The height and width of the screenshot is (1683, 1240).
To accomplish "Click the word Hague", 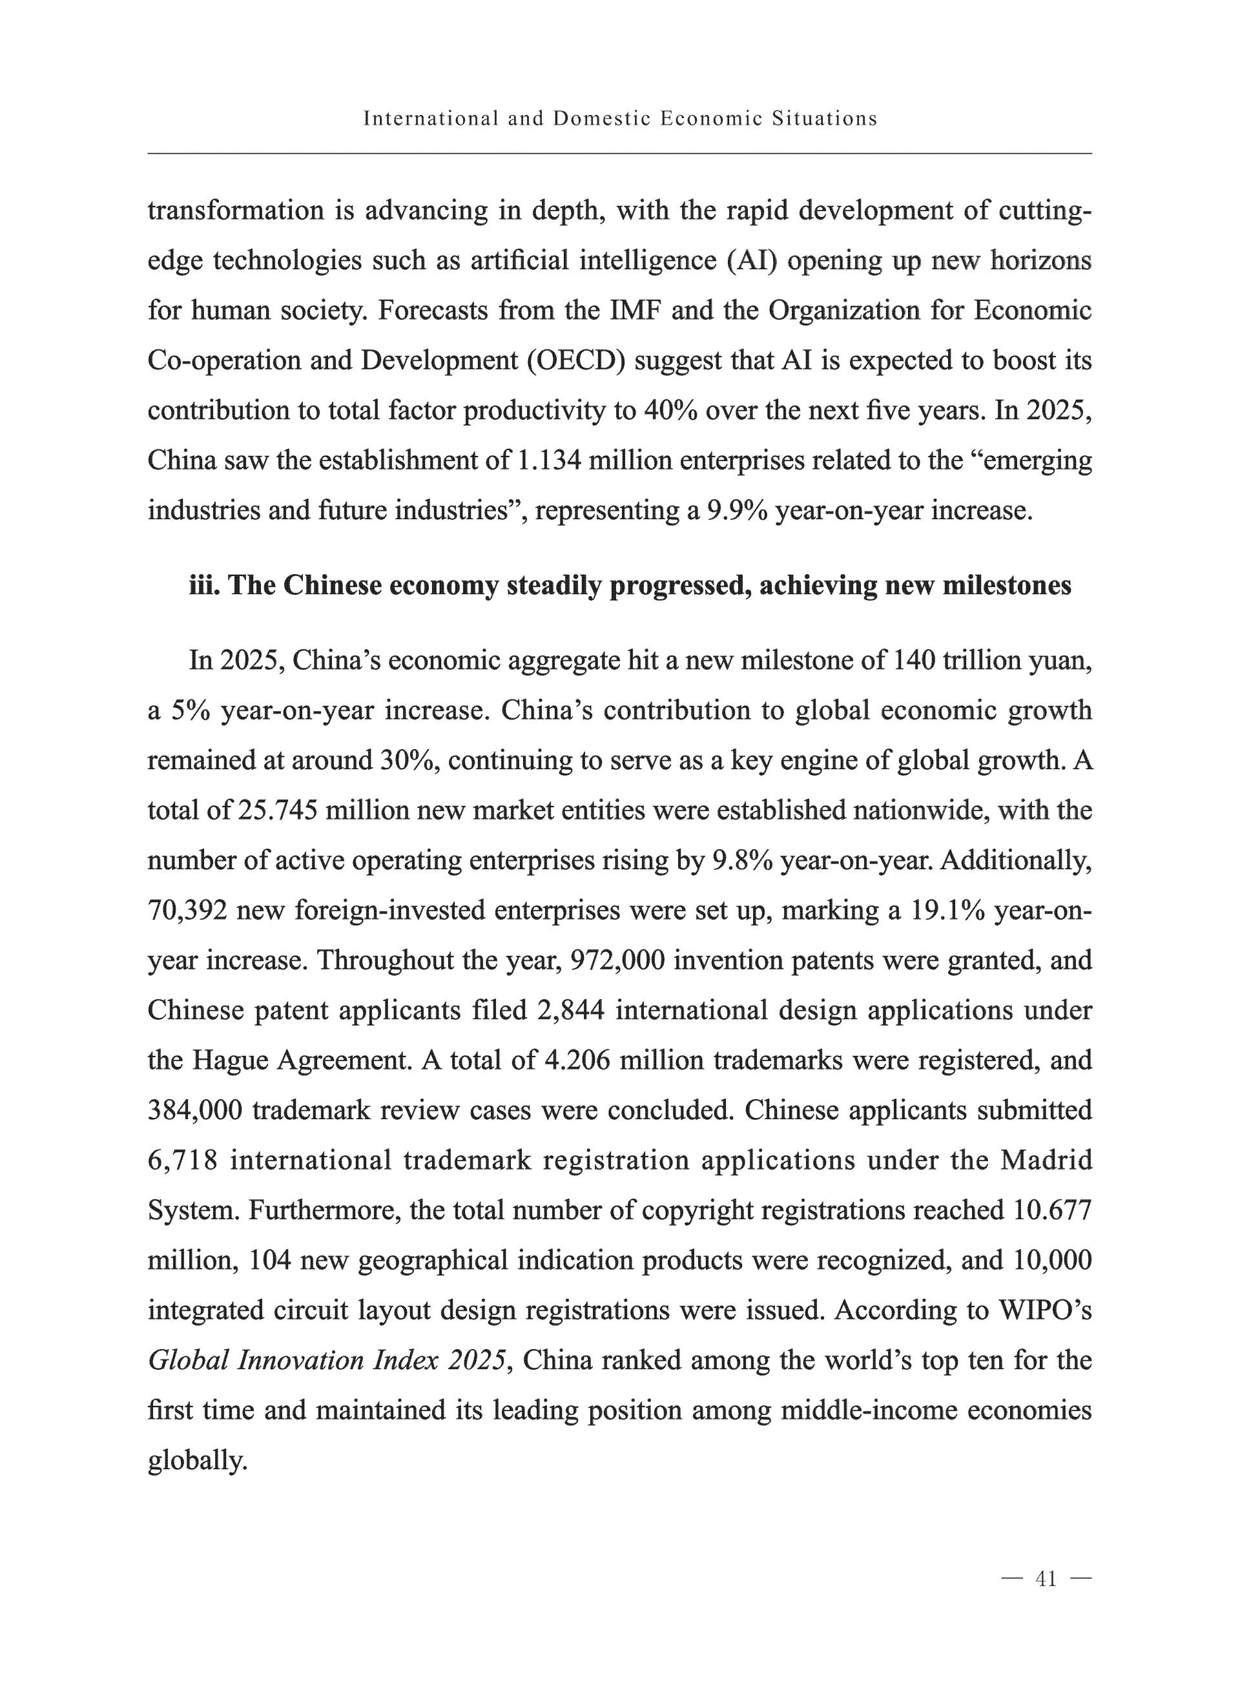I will point(230,1060).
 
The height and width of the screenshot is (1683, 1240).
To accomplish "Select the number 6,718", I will point(182,1161).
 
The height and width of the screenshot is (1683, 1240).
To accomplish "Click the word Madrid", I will point(1046,1161).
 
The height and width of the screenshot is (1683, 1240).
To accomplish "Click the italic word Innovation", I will point(300,1361).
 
